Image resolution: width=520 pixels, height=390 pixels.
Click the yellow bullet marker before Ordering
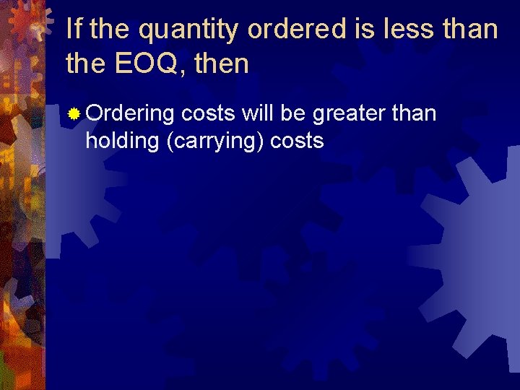point(74,114)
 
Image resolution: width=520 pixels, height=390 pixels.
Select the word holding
point(123,141)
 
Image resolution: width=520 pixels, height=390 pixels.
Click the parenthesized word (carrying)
point(214,141)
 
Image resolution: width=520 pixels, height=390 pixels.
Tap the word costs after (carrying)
point(297,141)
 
